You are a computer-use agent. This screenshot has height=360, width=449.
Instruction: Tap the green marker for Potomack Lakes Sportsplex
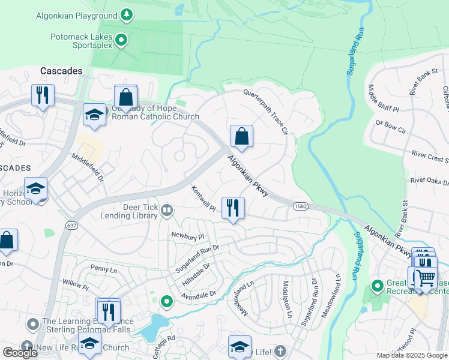pyautogui.click(x=122, y=40)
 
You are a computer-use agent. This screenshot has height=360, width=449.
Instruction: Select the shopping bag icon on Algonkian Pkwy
pyautogui.click(x=241, y=136)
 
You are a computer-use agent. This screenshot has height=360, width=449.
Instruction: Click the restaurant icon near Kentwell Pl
pyautogui.click(x=232, y=208)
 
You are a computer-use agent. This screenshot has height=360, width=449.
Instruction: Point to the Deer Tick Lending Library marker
pyautogui.click(x=167, y=210)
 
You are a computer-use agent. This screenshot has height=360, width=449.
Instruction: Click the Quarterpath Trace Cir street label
pyautogui.click(x=267, y=112)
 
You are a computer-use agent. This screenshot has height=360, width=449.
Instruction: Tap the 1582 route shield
pyautogui.click(x=301, y=206)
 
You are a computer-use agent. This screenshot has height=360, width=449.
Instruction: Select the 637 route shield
pyautogui.click(x=72, y=226)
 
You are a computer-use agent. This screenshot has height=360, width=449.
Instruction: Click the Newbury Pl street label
pyautogui.click(x=187, y=236)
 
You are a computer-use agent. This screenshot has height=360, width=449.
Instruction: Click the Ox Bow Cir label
pyautogui.click(x=391, y=127)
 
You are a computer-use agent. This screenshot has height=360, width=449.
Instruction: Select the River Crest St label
pyautogui.click(x=430, y=157)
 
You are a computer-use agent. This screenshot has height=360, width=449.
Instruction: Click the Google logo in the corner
pyautogui.click(x=20, y=352)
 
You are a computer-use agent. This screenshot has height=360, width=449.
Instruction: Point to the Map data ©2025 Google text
pyautogui.click(x=411, y=355)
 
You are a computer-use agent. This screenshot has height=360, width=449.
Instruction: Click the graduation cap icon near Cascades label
pyautogui.click(x=94, y=115)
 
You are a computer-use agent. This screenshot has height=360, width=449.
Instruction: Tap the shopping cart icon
pyautogui.click(x=425, y=278)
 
